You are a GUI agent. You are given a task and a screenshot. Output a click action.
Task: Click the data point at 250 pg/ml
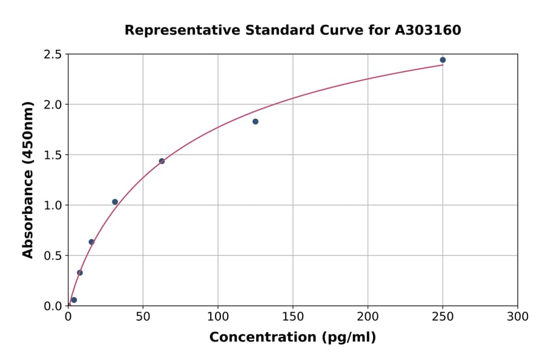pyautogui.click(x=443, y=60)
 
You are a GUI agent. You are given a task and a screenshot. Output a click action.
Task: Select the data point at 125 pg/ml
pyautogui.click(x=256, y=122)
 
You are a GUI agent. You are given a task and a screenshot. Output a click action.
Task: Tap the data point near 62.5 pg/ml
pyautogui.click(x=162, y=161)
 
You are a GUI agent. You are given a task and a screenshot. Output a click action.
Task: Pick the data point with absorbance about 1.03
pyautogui.click(x=115, y=202)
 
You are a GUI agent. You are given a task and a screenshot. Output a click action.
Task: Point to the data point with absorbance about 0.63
pyautogui.click(x=91, y=242)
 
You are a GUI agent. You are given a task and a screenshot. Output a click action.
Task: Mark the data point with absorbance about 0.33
pyautogui.click(x=80, y=273)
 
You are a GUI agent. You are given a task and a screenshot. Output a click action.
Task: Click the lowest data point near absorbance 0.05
pyautogui.click(x=74, y=300)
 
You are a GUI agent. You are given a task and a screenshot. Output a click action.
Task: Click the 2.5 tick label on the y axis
pyautogui.click(x=52, y=55)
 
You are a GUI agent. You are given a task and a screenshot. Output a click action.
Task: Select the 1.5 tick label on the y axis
pyautogui.click(x=52, y=155)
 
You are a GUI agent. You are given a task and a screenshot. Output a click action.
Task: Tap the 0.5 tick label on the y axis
pyautogui.click(x=52, y=256)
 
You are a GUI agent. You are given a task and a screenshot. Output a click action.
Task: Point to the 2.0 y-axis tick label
pyautogui.click(x=52, y=105)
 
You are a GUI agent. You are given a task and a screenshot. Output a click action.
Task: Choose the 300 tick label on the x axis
pyautogui.click(x=518, y=317)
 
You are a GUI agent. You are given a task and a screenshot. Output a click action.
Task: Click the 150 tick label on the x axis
pyautogui.click(x=293, y=317)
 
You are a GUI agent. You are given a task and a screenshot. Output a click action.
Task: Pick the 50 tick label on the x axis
pyautogui.click(x=143, y=317)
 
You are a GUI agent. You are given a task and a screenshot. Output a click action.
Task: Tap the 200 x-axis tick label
pyautogui.click(x=368, y=317)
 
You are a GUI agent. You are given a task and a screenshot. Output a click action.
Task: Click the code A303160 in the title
pyautogui.click(x=428, y=30)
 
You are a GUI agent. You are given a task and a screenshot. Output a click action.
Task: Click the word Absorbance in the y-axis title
pyautogui.click(x=28, y=204)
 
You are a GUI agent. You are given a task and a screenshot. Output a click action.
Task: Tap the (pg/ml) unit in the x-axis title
pyautogui.click(x=349, y=338)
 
